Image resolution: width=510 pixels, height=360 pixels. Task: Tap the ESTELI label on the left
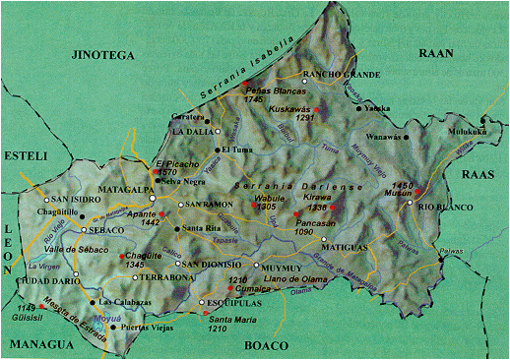point(25,153)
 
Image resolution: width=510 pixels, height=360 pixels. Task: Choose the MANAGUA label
point(36,344)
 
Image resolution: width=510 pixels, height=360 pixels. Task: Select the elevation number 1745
point(253,99)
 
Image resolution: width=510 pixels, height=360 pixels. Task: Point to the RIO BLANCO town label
point(441,207)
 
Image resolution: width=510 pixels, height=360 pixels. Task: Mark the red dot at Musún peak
point(417,191)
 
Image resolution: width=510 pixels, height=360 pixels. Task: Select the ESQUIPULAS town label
point(237,303)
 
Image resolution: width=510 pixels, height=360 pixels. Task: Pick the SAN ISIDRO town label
point(75,199)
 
